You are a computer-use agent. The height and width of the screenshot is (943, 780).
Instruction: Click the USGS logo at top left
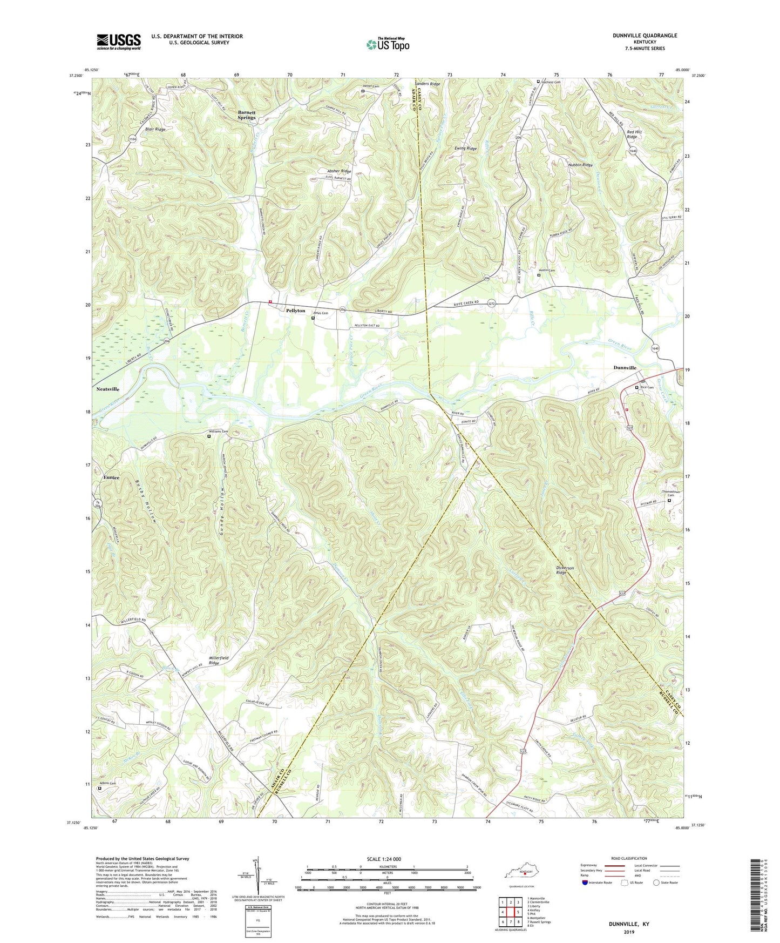119,42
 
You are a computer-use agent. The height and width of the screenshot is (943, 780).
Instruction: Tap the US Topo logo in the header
387,44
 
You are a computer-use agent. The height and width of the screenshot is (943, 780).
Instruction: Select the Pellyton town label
295,311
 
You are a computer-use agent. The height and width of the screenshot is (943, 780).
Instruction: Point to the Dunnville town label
625,368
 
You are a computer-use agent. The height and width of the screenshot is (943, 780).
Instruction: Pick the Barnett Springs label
247,115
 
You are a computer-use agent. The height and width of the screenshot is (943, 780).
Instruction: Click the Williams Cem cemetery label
219,432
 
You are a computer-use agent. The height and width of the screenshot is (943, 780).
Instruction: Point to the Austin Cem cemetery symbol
538,275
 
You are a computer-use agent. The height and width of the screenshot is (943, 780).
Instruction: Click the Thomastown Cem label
671,493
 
